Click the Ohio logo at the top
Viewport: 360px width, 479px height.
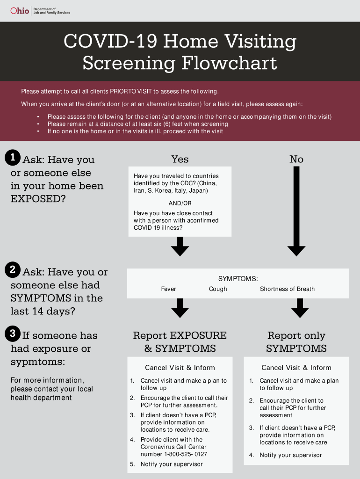pyautogui.click(x=20, y=10)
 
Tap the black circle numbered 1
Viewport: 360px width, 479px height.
pyautogui.click(x=13, y=158)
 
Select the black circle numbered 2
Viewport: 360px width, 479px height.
pyautogui.click(x=13, y=269)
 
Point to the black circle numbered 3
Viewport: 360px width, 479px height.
pyautogui.click(x=13, y=334)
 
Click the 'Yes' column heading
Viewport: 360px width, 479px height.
pyautogui.click(x=180, y=160)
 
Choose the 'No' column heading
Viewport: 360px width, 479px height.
pyautogui.click(x=296, y=160)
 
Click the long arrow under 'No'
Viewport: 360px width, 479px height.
pyautogui.click(x=296, y=210)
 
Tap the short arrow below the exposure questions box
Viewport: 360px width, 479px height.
pyautogui.click(x=180, y=246)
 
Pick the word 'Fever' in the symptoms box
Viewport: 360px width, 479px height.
pyautogui.click(x=168, y=289)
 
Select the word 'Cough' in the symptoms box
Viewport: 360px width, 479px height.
pyautogui.click(x=218, y=289)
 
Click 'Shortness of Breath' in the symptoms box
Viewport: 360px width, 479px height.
pyautogui.click(x=287, y=289)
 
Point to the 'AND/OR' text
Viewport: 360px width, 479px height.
pyautogui.click(x=180, y=203)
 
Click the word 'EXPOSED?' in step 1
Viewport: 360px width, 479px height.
pyautogui.click(x=38, y=199)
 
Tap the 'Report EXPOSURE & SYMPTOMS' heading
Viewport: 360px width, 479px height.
pyautogui.click(x=180, y=342)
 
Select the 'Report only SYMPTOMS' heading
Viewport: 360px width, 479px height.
pyautogui.click(x=296, y=342)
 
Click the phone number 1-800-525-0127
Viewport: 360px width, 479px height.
pyautogui.click(x=185, y=454)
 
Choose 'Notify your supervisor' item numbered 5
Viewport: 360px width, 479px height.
pyautogui.click(x=172, y=464)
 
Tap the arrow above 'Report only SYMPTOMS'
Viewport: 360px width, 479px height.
pyautogui.click(x=300, y=308)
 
